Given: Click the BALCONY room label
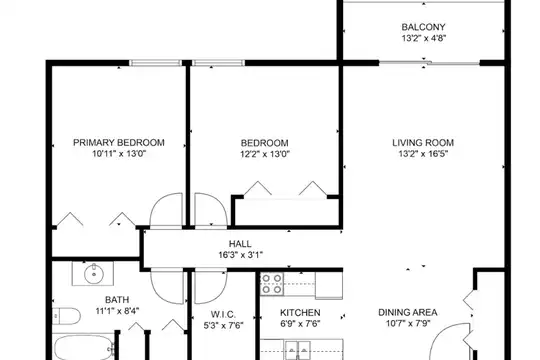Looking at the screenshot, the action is (x=423, y=27).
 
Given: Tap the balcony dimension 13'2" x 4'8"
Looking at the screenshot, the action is (x=424, y=38).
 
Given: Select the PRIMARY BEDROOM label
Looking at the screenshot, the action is (x=119, y=143).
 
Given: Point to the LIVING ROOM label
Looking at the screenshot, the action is (x=423, y=143).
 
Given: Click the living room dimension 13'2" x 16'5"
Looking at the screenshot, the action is (x=423, y=154).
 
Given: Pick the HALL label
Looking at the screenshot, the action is (x=240, y=244).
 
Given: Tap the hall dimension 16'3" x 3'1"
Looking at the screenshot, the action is (x=240, y=255).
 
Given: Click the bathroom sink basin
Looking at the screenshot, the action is (x=94, y=274).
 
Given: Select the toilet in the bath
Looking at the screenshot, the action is (x=66, y=316).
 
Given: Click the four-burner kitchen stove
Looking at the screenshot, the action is (x=272, y=284).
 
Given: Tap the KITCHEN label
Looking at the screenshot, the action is (x=300, y=313).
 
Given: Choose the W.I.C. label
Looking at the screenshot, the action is (x=223, y=314).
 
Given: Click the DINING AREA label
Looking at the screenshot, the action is (x=408, y=312).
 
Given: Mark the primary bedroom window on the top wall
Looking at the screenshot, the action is (x=156, y=63).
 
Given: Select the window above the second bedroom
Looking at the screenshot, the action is (x=218, y=63).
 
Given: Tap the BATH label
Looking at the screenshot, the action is (x=117, y=300).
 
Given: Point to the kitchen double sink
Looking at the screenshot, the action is (x=298, y=350).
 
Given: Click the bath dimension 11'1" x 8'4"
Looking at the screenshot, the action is (x=117, y=311).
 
